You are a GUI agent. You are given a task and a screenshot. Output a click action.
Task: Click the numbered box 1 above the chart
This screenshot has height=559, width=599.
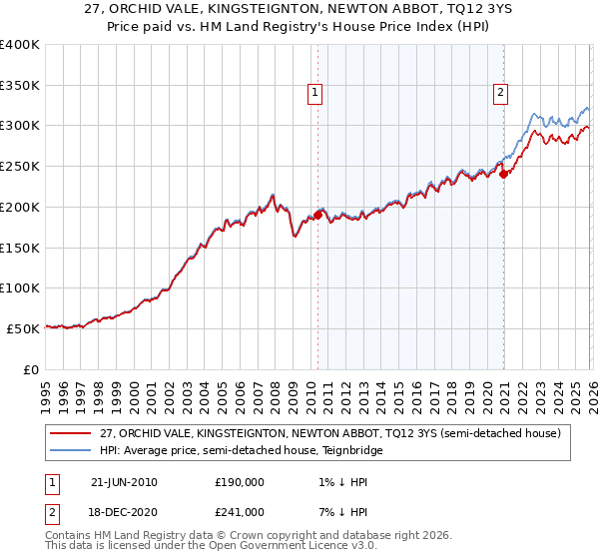tap(314, 93)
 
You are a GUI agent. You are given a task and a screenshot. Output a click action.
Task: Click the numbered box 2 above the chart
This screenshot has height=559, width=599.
tap(499, 93)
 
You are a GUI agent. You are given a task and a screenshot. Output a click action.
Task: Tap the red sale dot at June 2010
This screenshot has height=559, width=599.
tap(318, 215)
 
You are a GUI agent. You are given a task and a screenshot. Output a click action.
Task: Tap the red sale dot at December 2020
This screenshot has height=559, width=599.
tap(504, 174)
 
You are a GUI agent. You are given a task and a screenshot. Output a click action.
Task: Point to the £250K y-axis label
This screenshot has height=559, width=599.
tap(20, 167)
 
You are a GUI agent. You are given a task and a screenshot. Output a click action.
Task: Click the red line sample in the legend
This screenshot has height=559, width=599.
tap(71, 433)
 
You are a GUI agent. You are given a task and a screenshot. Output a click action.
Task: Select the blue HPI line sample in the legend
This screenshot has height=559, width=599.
tap(71, 450)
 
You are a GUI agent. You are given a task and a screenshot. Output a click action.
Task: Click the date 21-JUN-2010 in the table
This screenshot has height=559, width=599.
tap(124, 482)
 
